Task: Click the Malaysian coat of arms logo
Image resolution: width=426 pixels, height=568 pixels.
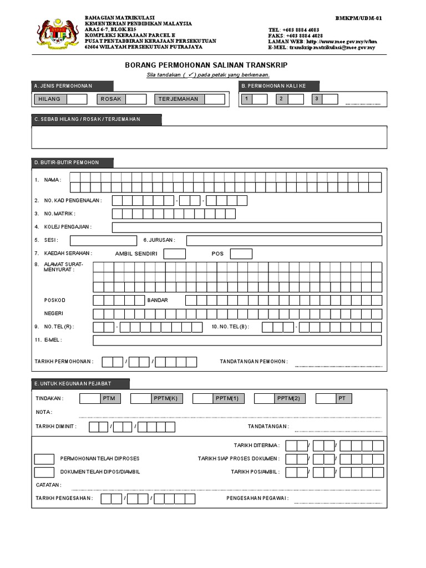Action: pyautogui.click(x=54, y=32)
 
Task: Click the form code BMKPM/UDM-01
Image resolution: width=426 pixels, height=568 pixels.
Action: pyautogui.click(x=358, y=18)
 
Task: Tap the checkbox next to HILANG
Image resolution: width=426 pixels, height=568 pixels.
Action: pyautogui.click(x=77, y=99)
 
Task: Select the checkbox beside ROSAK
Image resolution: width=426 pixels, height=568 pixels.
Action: pyautogui.click(x=136, y=99)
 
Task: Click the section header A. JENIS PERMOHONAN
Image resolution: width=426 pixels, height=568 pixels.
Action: pyautogui.click(x=73, y=86)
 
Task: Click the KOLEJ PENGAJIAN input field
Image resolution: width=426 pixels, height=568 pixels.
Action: pyautogui.click(x=246, y=227)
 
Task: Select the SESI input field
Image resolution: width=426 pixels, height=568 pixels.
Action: pyautogui.click(x=103, y=240)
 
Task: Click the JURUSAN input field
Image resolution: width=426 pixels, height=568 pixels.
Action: pyautogui.click(x=283, y=240)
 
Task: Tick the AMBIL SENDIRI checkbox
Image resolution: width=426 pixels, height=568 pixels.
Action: pyautogui.click(x=175, y=253)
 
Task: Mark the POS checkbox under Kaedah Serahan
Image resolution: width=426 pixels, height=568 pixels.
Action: pyautogui.click(x=241, y=253)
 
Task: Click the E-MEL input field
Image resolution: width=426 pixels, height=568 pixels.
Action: pyautogui.click(x=237, y=340)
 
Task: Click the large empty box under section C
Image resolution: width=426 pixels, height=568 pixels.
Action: pyautogui.click(x=210, y=137)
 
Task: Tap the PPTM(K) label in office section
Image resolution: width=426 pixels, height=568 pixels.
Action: pyautogui.click(x=165, y=398)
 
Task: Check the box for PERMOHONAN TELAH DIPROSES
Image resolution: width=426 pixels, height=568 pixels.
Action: pyautogui.click(x=44, y=459)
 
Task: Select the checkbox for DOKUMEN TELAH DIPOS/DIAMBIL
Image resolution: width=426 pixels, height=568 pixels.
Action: pyautogui.click(x=44, y=472)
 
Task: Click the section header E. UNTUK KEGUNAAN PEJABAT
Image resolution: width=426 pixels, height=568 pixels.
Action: pyautogui.click(x=81, y=384)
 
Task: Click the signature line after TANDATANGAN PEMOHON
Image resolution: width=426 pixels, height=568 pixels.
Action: pyautogui.click(x=338, y=366)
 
